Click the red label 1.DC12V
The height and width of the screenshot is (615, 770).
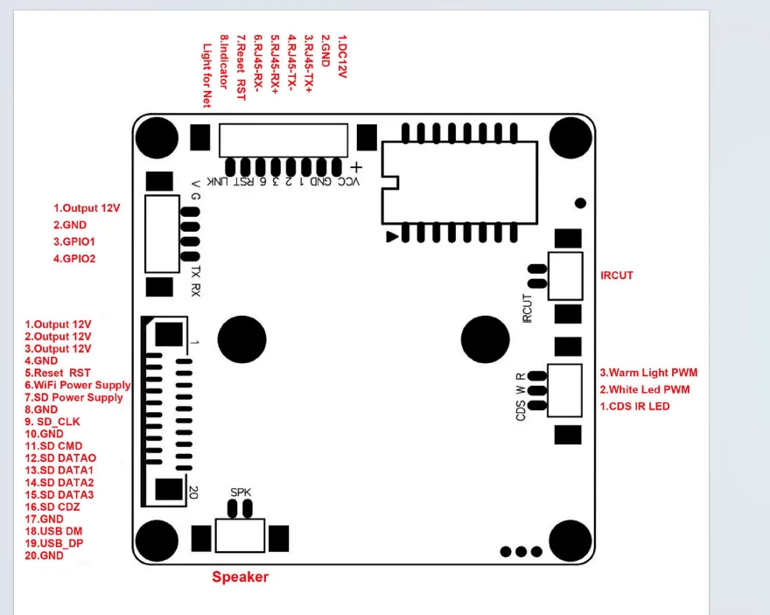(342, 57)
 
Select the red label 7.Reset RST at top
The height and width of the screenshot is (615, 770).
(241, 67)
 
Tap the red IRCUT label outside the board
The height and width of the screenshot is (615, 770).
(617, 276)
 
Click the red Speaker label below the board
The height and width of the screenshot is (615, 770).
(240, 577)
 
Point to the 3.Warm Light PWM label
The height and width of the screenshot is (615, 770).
(648, 373)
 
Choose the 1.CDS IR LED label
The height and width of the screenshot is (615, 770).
(635, 407)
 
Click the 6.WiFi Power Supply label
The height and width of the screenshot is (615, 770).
(78, 385)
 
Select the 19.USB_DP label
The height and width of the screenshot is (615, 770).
(54, 543)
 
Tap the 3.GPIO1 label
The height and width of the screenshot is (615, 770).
(74, 241)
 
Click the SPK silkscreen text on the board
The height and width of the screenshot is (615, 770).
(241, 492)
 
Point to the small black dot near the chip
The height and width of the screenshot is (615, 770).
(580, 203)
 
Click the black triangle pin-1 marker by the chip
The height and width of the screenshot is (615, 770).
(392, 236)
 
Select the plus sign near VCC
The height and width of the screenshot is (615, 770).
(356, 168)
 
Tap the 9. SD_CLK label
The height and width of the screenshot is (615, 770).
(52, 422)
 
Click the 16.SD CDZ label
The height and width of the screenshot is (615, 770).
(52, 507)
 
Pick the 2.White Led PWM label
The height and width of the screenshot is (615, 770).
(645, 389)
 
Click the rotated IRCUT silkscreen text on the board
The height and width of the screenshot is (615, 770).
(528, 308)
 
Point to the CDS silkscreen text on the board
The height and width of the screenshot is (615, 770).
(521, 411)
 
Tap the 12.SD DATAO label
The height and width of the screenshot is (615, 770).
(60, 458)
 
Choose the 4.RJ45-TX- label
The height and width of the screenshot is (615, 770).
(291, 62)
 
